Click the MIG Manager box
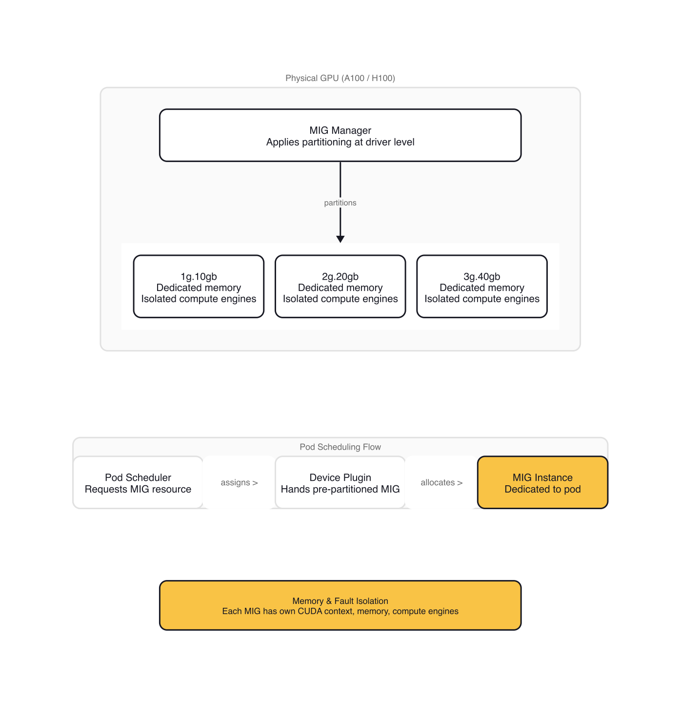tap(340, 135)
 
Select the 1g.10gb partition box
tap(199, 287)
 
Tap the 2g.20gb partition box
tap(340, 287)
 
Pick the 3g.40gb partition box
tap(481, 287)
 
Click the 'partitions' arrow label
tap(340, 203)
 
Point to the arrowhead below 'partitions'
tap(340, 239)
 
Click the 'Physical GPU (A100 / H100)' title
tap(340, 78)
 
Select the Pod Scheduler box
tap(138, 482)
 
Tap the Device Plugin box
tap(340, 482)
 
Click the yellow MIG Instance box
tap(542, 482)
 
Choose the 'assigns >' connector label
tap(239, 482)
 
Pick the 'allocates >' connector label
tap(441, 482)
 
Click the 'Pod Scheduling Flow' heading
tap(340, 447)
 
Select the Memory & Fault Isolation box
tap(340, 605)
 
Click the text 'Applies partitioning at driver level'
tap(340, 142)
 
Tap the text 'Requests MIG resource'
tap(138, 489)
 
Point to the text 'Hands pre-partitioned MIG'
tap(340, 489)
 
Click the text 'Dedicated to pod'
tap(542, 489)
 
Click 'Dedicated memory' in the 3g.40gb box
tap(481, 288)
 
